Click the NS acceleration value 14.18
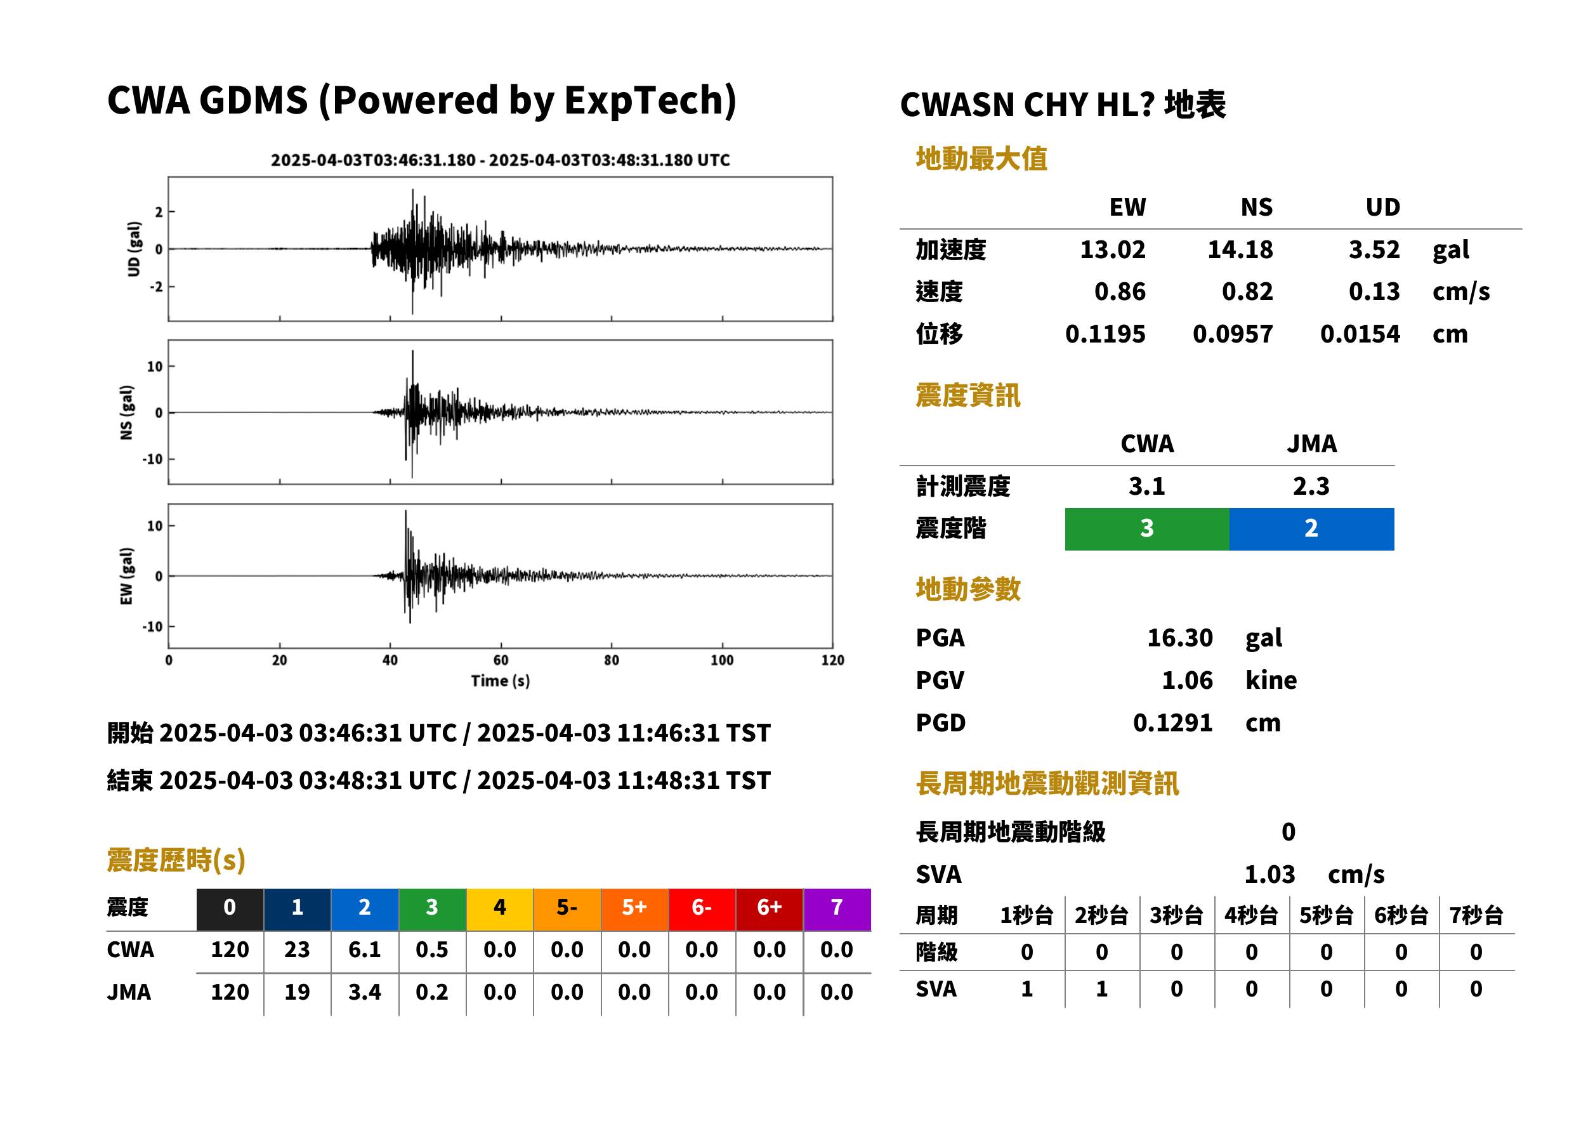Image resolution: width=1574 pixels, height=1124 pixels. [1240, 250]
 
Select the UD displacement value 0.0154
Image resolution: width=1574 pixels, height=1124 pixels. [1360, 334]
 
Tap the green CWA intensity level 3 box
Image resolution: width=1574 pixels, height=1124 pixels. [1147, 529]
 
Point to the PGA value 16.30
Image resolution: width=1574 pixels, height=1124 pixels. [1179, 637]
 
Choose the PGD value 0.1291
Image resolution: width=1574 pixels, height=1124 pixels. [1172, 722]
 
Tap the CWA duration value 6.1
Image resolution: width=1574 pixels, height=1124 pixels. [365, 950]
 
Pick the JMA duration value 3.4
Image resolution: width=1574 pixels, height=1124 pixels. [365, 992]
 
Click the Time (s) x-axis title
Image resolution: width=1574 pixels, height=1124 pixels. [501, 681]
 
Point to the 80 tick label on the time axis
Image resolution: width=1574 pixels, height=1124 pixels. [611, 660]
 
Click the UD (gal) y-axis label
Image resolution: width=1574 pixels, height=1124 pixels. [134, 249]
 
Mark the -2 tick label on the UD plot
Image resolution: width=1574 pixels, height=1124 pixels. [157, 287]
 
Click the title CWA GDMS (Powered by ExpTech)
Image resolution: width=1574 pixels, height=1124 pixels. [421, 100]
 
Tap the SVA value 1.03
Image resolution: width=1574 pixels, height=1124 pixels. [1269, 874]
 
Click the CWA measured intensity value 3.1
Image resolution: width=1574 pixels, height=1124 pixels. [1147, 486]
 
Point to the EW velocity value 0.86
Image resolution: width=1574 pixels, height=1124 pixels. [1120, 291]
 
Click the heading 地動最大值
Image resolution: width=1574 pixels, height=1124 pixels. [981, 159]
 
